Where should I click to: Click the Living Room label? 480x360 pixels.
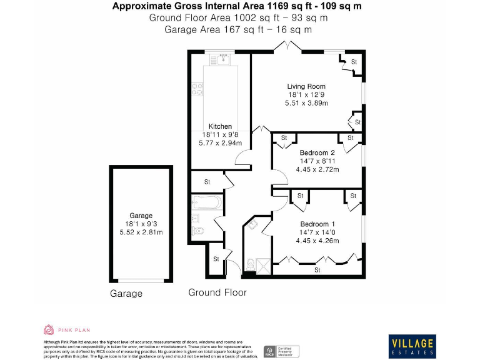[306, 86]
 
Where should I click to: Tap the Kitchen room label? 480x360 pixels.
[220, 126]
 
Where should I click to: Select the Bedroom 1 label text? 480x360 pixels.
[317, 224]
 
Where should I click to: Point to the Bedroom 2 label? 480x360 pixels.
[317, 153]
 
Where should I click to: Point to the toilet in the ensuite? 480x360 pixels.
[250, 266]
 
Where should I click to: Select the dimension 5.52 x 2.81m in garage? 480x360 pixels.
[141, 232]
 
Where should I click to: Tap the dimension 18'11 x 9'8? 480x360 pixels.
[220, 134]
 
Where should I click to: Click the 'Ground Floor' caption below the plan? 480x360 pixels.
[217, 292]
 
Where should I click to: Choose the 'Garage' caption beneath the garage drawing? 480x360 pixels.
[126, 293]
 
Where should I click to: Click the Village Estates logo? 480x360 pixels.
[412, 346]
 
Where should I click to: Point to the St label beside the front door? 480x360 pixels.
[216, 258]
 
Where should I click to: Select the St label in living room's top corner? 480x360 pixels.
[354, 62]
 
